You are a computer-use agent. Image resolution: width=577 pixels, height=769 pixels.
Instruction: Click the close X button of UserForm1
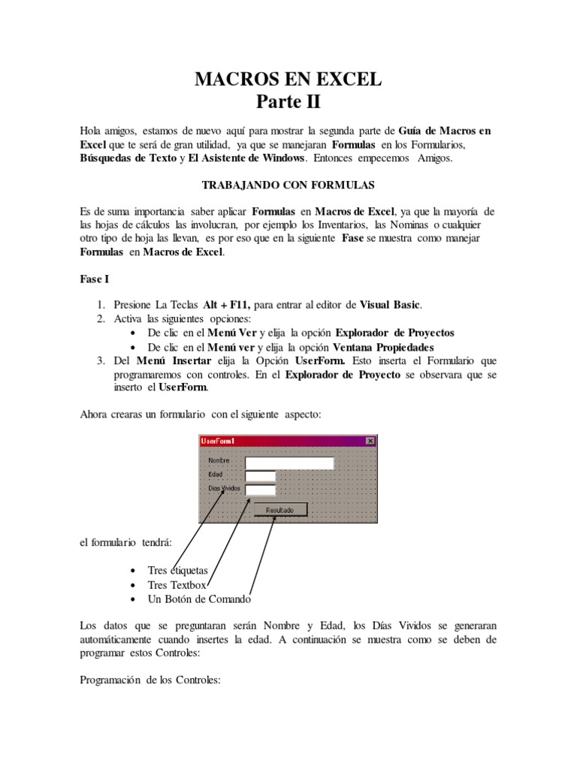tap(370, 441)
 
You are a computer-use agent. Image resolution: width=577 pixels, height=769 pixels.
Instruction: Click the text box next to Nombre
tap(289, 463)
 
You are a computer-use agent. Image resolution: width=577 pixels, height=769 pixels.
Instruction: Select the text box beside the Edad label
tap(261, 476)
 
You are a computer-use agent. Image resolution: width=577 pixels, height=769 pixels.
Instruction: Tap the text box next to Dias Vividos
tap(261, 490)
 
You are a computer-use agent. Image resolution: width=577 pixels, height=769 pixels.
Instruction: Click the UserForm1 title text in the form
tap(218, 441)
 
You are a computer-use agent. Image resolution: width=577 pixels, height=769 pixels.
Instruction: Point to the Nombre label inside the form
tap(219, 460)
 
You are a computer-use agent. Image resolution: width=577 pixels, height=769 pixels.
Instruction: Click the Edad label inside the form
tap(216, 475)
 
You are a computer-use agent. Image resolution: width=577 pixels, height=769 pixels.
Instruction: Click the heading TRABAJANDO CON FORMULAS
tap(288, 184)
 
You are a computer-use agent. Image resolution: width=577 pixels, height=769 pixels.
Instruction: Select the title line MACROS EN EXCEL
tap(288, 79)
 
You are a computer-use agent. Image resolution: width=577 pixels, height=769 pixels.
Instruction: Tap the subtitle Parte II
tap(288, 101)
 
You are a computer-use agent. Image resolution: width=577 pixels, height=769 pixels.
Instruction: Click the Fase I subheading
tap(95, 279)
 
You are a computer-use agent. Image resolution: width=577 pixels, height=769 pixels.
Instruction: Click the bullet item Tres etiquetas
tap(178, 571)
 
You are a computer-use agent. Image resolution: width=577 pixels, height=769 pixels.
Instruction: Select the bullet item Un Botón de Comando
tap(199, 599)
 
